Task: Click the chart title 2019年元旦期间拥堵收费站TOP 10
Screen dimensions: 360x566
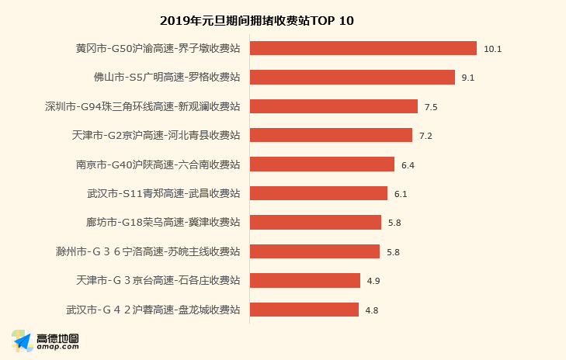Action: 257,20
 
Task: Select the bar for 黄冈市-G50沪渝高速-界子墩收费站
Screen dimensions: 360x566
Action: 363,48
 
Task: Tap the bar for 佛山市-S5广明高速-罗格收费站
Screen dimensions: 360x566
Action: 352,78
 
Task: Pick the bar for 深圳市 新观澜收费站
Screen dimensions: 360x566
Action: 333,106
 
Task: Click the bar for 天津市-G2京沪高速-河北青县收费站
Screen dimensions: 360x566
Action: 331,135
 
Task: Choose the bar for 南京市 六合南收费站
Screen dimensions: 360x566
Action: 321,164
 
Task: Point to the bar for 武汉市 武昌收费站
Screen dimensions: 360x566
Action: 318,193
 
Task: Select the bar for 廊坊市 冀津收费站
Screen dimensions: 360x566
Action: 315,222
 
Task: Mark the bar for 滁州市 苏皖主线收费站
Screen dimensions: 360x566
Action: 314,251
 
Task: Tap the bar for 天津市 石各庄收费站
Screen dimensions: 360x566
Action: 304,280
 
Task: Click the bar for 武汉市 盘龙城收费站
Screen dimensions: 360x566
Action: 304,310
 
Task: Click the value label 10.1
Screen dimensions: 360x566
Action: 493,49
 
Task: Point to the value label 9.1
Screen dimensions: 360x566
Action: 468,78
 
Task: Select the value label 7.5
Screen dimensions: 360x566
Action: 431,107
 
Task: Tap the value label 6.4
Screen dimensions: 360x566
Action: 408,165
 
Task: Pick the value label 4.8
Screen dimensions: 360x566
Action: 372,310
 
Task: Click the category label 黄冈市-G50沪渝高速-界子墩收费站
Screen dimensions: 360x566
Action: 158,48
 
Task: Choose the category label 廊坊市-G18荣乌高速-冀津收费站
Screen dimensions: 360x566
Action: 163,222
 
